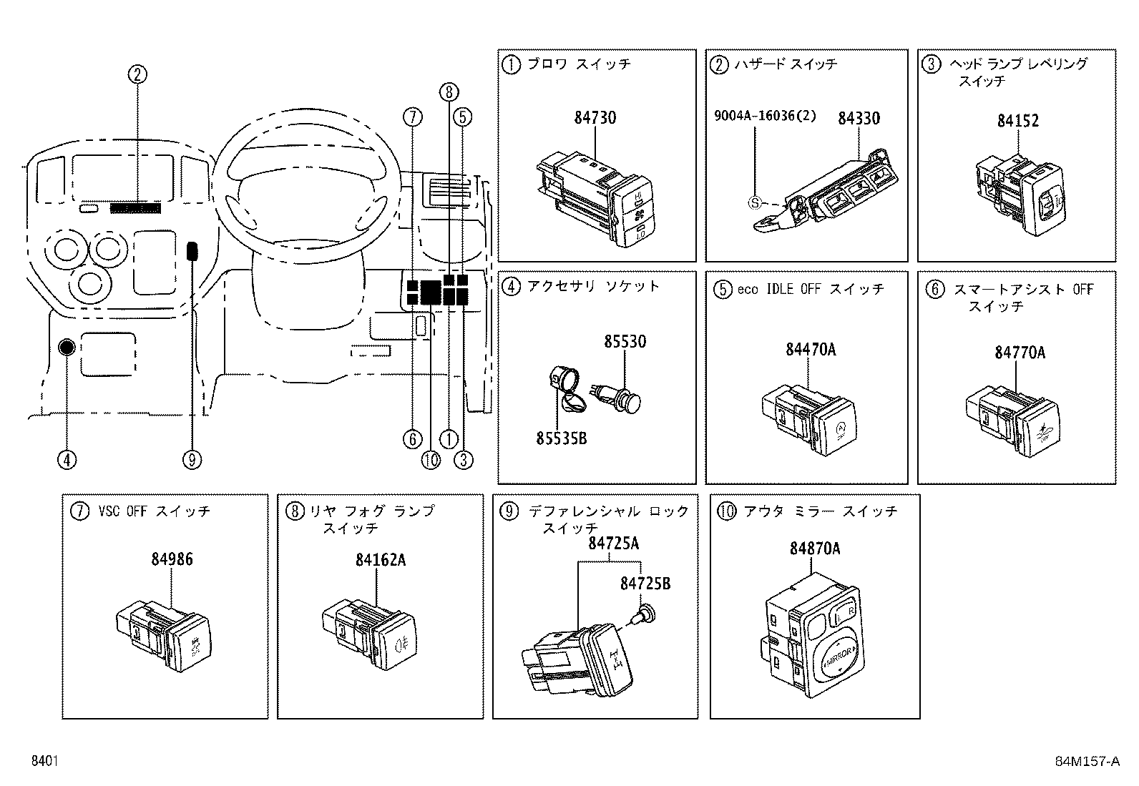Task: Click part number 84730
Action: [x=595, y=117]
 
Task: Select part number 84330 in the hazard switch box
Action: [x=859, y=117]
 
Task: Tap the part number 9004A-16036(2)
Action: [x=764, y=116]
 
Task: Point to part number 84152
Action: [x=1017, y=120]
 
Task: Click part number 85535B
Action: [x=561, y=438]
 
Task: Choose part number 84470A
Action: [x=810, y=349]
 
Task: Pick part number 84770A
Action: [x=1019, y=352]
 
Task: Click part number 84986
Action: [x=171, y=559]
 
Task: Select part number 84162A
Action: [x=380, y=559]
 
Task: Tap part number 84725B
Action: [x=645, y=583]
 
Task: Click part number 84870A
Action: [x=814, y=549]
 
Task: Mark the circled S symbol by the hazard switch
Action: [x=755, y=202]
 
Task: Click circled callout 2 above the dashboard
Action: [x=137, y=73]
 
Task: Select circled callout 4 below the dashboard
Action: [x=67, y=460]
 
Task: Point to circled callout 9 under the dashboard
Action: [x=192, y=460]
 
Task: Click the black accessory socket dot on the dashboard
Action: [x=67, y=348]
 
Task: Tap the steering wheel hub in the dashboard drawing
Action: [x=308, y=187]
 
